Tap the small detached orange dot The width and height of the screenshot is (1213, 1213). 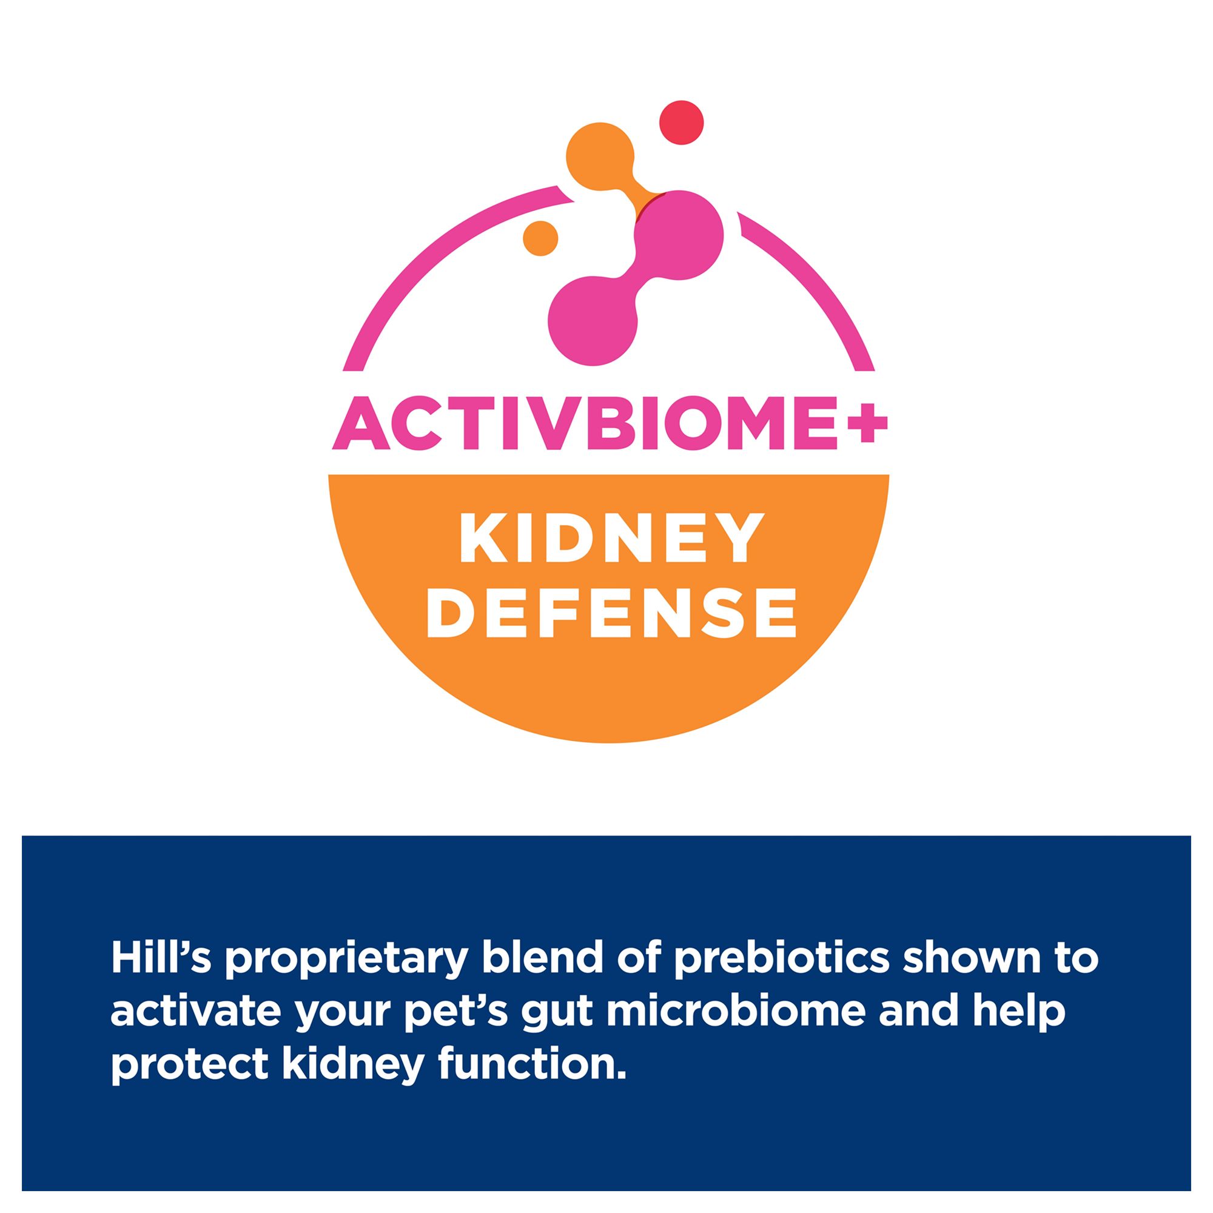pos(540,238)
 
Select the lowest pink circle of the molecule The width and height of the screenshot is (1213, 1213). pos(593,320)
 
